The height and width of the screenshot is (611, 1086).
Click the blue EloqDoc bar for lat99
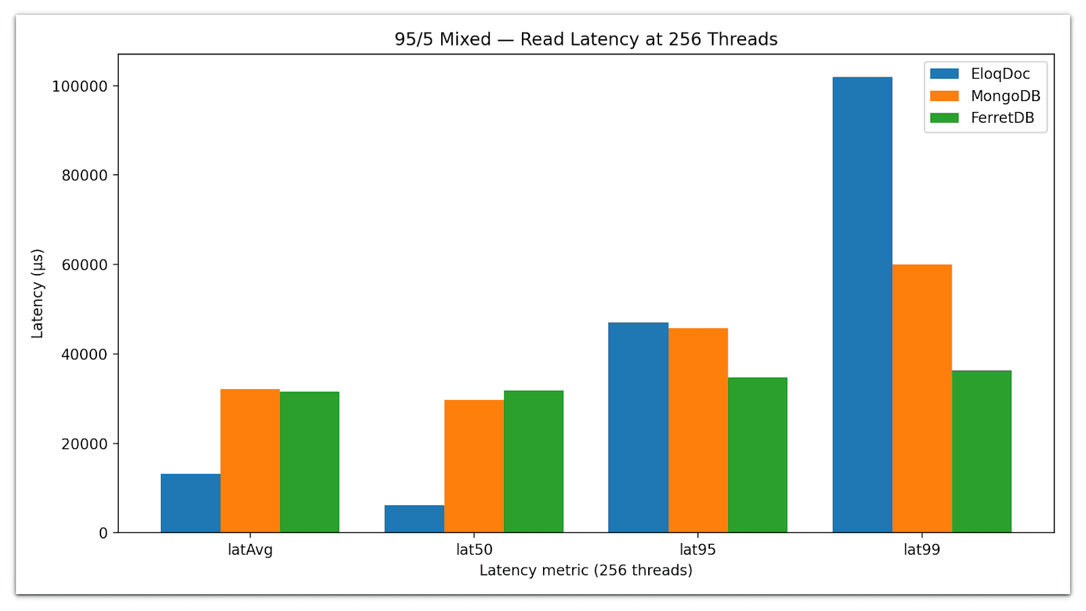point(862,305)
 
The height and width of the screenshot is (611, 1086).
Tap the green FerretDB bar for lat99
point(981,452)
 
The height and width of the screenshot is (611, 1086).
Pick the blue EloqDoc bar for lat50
point(414,519)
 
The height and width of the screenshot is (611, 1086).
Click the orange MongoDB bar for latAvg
point(250,461)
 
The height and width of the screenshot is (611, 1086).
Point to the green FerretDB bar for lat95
point(757,455)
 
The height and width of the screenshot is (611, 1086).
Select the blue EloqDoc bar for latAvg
point(191,503)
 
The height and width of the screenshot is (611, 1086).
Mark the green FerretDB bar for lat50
point(533,461)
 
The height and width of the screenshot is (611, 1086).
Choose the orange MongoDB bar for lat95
point(698,431)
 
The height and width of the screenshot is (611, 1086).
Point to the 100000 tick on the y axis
point(79,86)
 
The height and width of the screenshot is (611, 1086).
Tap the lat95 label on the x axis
point(698,550)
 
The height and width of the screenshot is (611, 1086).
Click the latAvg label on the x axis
point(250,550)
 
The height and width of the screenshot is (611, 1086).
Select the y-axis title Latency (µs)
point(37,294)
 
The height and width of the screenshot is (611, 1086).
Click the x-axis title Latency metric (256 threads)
point(586,570)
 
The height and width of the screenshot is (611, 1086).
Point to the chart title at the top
point(586,39)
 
